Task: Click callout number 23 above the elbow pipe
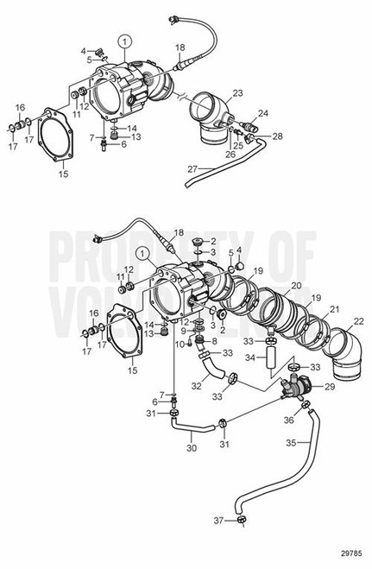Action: pos(236,92)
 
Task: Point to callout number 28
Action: pos(277,136)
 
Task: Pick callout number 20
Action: pos(295,284)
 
